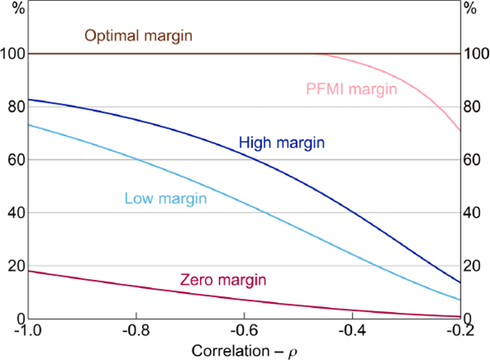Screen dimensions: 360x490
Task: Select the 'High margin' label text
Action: tap(282, 143)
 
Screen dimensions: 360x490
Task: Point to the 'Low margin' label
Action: tap(164, 198)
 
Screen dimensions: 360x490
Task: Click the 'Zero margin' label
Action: tap(221, 280)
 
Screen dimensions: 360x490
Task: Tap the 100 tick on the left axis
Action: tap(14, 54)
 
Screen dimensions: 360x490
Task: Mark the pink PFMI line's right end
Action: tap(460, 130)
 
